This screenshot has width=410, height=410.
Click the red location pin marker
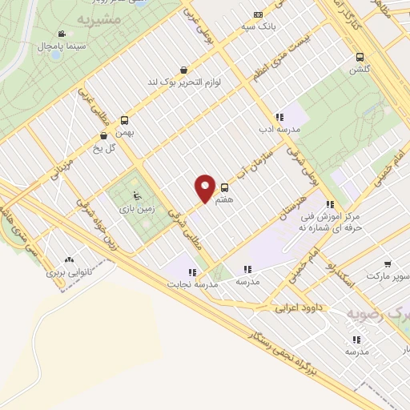tap(205, 187)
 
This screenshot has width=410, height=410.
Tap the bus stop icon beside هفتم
tap(223, 187)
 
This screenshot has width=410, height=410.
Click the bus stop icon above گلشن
tap(360, 57)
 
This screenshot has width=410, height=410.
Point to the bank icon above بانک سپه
tap(257, 14)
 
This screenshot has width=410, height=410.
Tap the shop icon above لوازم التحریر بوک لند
tap(185, 70)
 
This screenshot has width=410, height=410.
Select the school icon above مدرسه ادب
tap(279, 117)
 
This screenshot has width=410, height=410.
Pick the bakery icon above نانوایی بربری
tap(69, 260)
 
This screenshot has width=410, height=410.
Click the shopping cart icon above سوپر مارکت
tap(388, 263)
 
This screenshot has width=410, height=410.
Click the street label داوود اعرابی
tap(298, 306)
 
